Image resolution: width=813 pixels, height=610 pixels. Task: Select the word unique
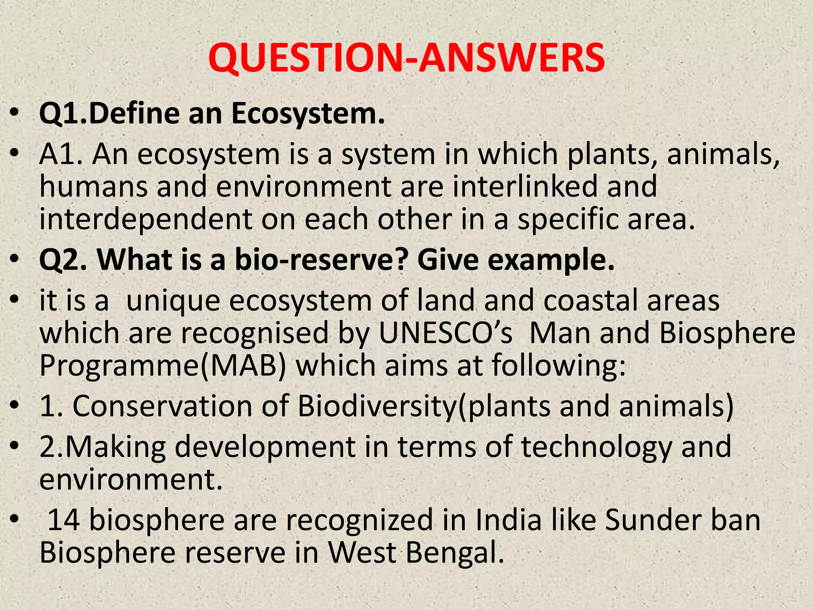point(173,301)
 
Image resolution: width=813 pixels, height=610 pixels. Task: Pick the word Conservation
point(162,406)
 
